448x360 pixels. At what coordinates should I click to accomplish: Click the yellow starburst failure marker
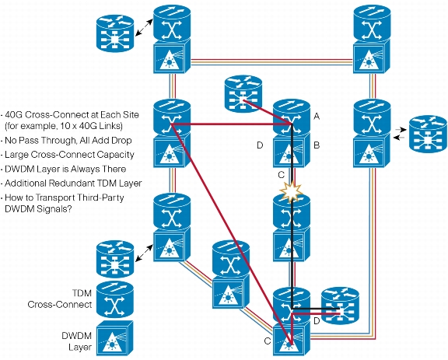pyautogui.click(x=292, y=192)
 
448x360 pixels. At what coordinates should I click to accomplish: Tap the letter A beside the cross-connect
pyautogui.click(x=317, y=117)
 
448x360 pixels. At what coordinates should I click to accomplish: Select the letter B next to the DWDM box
pyautogui.click(x=317, y=145)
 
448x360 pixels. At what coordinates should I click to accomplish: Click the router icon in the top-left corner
pyautogui.click(x=115, y=33)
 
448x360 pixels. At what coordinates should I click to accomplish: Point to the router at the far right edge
pyautogui.click(x=428, y=134)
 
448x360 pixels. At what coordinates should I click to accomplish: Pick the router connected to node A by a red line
pyautogui.click(x=243, y=94)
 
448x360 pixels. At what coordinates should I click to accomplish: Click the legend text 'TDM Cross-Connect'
pyautogui.click(x=60, y=299)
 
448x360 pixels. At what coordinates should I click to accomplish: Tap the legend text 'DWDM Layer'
pyautogui.click(x=77, y=341)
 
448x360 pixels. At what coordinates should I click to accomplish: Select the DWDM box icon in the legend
pyautogui.click(x=114, y=337)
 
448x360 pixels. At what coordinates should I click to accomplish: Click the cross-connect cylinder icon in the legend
pyautogui.click(x=115, y=299)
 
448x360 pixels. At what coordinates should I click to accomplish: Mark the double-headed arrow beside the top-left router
pyautogui.click(x=144, y=28)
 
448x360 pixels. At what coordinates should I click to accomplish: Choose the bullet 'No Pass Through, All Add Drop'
pyautogui.click(x=68, y=140)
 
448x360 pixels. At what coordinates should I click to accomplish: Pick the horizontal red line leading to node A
pyautogui.click(x=232, y=124)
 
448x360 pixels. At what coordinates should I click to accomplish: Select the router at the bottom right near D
pyautogui.click(x=340, y=306)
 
